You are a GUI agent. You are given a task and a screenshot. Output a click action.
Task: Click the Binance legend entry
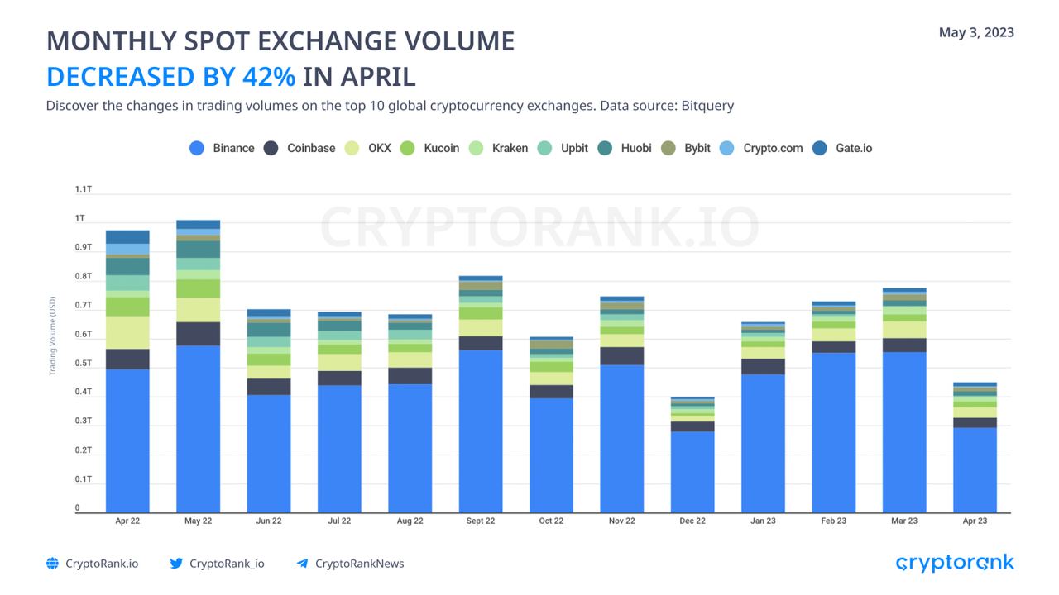(x=222, y=149)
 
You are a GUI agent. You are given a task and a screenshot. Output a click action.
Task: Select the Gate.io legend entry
(x=843, y=149)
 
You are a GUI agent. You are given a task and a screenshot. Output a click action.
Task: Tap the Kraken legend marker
(x=476, y=149)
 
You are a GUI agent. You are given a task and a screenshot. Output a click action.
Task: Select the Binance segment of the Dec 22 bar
(x=692, y=471)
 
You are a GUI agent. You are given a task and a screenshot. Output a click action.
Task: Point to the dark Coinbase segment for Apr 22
(x=128, y=359)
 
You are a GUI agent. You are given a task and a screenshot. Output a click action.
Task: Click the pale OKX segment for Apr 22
(x=128, y=332)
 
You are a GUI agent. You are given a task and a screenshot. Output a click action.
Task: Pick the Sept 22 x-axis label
(x=481, y=521)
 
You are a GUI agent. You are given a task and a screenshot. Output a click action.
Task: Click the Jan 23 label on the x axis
(x=763, y=521)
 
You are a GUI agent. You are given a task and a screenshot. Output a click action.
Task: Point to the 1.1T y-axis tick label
(x=83, y=189)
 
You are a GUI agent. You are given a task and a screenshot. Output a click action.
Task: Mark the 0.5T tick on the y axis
(x=83, y=364)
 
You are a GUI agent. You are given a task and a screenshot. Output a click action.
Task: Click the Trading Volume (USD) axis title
(x=53, y=336)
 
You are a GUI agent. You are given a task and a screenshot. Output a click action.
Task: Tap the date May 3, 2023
(x=976, y=33)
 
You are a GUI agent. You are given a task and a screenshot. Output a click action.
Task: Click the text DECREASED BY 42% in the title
(x=170, y=77)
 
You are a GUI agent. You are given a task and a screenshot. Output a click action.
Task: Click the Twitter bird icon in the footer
(x=176, y=564)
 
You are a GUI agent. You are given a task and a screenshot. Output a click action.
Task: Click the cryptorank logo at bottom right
(x=955, y=564)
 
